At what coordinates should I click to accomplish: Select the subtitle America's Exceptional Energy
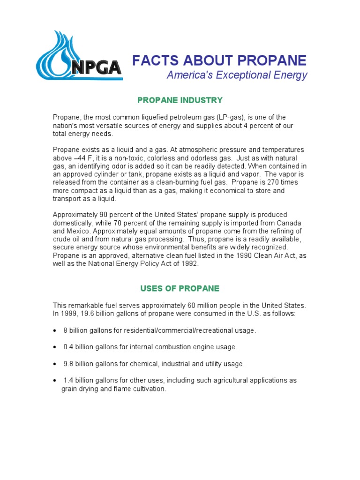pyautogui.click(x=237, y=75)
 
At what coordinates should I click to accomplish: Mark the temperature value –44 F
pyautogui.click(x=80, y=158)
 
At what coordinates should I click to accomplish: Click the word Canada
pyautogui.click(x=289, y=223)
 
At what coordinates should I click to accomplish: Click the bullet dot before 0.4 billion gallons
pyautogui.click(x=54, y=347)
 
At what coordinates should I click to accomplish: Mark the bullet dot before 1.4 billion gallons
pyautogui.click(x=54, y=381)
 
